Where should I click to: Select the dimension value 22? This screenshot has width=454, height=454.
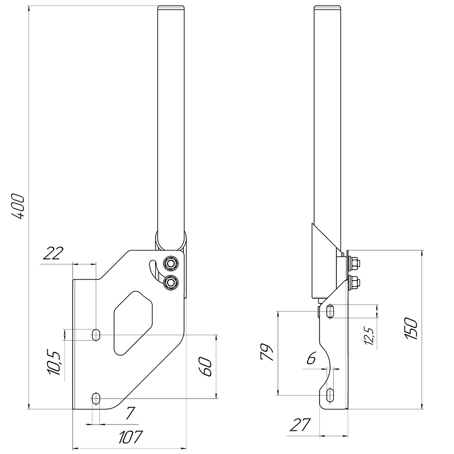click(53, 253)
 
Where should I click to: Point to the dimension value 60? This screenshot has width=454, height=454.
click(205, 366)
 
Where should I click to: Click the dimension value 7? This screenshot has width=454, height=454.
click(130, 414)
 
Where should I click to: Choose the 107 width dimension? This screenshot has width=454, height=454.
click(130, 437)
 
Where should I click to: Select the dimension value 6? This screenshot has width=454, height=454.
click(311, 359)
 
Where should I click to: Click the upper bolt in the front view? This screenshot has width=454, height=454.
click(171, 263)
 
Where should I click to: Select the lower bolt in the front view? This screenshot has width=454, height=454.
click(171, 282)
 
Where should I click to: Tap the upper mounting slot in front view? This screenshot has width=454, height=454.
click(96, 335)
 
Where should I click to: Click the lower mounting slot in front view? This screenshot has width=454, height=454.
click(96, 399)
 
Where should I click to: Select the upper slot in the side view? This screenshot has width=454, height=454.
click(331, 311)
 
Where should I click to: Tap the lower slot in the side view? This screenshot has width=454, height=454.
click(331, 395)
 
